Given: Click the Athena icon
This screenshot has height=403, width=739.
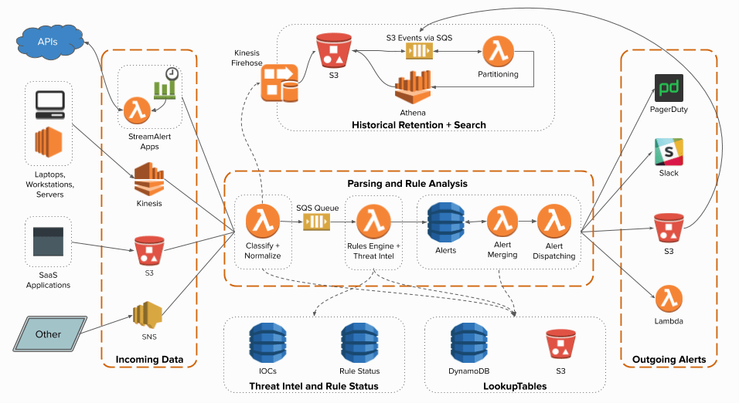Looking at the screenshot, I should pyautogui.click(x=412, y=88).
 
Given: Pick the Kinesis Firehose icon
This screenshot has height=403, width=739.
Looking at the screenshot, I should pyautogui.click(x=278, y=83).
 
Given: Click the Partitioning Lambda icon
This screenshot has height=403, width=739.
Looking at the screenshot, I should pyautogui.click(x=498, y=52).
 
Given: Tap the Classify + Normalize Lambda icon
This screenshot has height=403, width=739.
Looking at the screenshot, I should pyautogui.click(x=262, y=222).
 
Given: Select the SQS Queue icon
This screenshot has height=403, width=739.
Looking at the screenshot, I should pyautogui.click(x=316, y=222).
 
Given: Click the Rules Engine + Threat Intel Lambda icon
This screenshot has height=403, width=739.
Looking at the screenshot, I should pyautogui.click(x=373, y=222).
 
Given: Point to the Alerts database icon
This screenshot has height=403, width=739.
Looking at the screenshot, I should pyautogui.click(x=445, y=222).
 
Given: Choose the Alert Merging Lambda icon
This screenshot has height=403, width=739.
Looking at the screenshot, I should pyautogui.click(x=502, y=222).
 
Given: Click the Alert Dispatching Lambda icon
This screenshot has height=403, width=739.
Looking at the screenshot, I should pyautogui.click(x=553, y=222).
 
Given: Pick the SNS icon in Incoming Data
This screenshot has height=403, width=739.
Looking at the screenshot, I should pyautogui.click(x=148, y=316).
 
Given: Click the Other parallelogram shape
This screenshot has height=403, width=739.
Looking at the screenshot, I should pyautogui.click(x=48, y=334).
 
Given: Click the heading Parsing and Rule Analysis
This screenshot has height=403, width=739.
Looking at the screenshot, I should pyautogui.click(x=408, y=184).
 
